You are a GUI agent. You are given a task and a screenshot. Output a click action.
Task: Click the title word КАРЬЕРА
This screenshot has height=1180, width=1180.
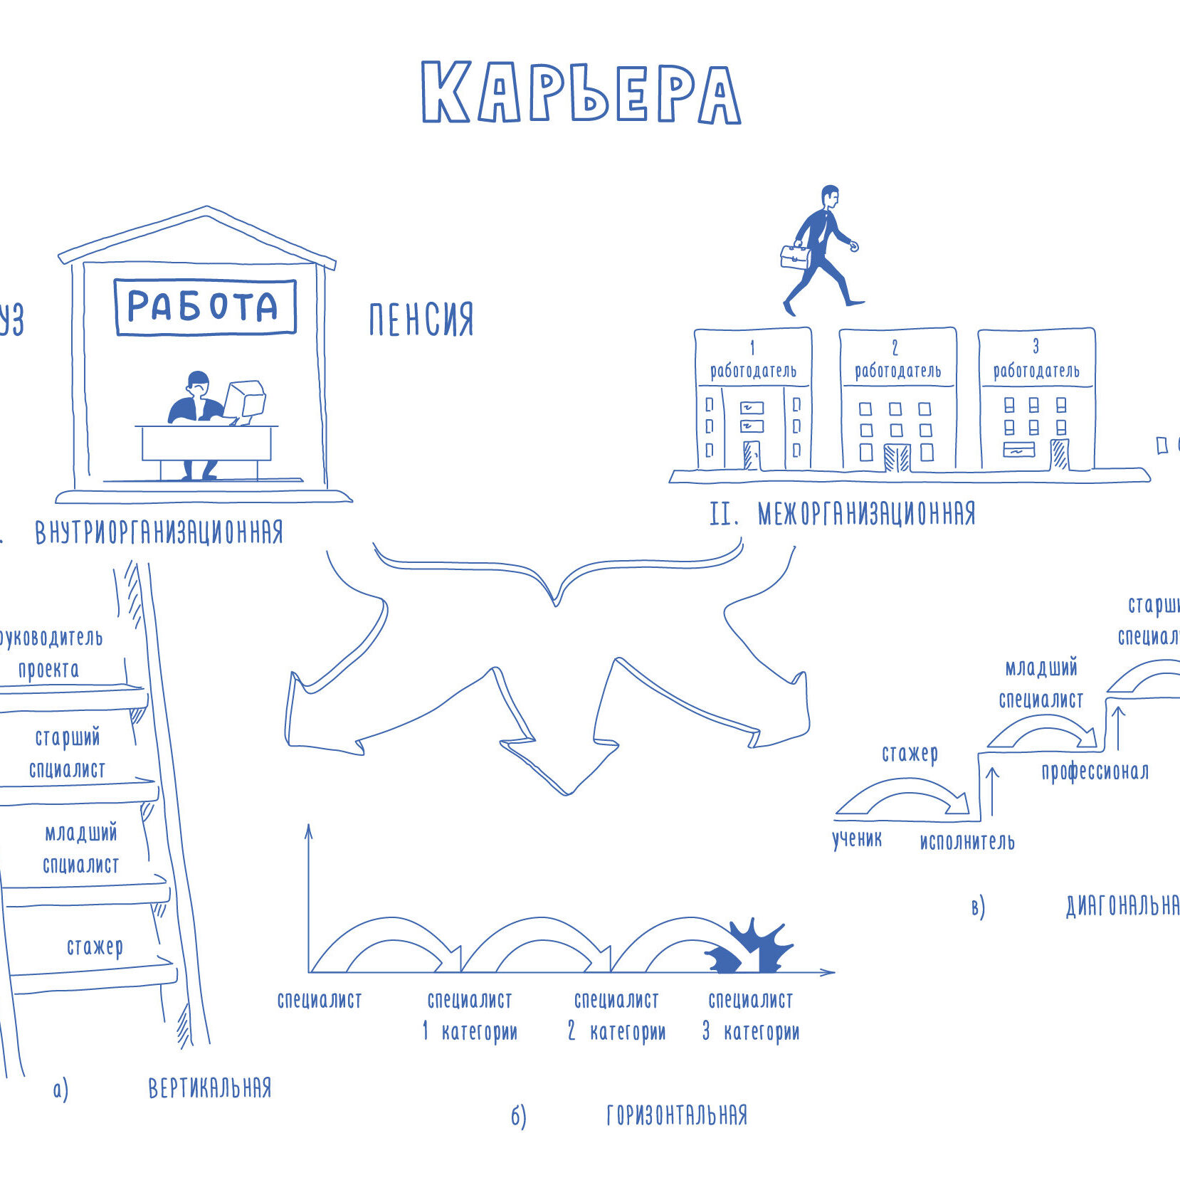pos(581,93)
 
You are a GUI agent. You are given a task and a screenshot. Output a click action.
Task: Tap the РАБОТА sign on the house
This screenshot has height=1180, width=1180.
pos(204,307)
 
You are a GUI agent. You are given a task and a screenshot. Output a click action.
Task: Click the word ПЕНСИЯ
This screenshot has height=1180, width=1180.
pos(421,320)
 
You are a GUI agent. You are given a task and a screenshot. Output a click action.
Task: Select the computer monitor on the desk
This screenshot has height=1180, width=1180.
pos(246,399)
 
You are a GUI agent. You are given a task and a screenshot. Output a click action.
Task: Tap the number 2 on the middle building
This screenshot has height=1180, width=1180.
pos(895,347)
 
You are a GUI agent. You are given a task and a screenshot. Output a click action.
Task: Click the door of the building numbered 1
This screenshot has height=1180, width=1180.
pos(752,455)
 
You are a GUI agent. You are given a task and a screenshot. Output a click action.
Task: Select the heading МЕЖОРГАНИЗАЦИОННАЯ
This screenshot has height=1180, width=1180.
pos(866,513)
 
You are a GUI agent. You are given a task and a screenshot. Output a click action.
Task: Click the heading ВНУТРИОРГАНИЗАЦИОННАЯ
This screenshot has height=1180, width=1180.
pos(159,532)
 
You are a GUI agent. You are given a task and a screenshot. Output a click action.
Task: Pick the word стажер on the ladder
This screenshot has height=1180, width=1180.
pos(95,947)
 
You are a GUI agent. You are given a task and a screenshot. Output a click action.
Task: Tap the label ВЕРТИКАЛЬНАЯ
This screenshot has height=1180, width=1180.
pos(210,1087)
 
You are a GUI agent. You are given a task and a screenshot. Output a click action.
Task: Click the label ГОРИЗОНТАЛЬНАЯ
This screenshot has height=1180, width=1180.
pos(677,1115)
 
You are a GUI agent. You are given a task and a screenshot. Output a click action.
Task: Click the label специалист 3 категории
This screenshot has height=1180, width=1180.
pos(751,1016)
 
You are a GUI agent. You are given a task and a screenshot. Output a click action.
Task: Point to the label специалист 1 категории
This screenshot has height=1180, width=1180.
pos(470,1016)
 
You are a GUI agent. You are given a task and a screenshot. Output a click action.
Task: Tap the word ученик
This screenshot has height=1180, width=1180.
pos(857,840)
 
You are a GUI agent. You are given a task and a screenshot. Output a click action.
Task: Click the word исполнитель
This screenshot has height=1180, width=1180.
pos(967,842)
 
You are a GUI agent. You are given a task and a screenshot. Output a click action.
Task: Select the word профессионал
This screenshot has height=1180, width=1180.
pos(1095,771)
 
